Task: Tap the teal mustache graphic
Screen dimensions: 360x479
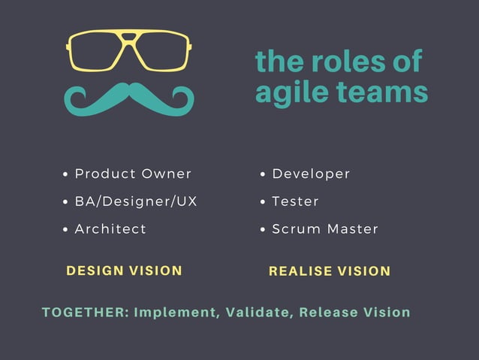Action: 129,100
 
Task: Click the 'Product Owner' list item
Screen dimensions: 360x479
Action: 133,174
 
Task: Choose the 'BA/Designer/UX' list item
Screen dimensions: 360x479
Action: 136,201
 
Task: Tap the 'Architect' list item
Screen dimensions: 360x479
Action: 110,228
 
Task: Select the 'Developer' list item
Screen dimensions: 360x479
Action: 311,174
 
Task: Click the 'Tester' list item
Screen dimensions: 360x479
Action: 295,201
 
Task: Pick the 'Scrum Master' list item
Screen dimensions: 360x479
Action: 325,228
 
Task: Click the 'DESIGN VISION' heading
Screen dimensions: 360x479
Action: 125,271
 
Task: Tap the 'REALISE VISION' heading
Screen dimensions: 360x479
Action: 330,271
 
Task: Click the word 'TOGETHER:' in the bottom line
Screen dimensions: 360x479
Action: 85,312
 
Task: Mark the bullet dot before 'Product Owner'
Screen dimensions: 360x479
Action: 66,174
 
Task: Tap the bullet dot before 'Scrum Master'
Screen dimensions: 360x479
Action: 264,229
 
